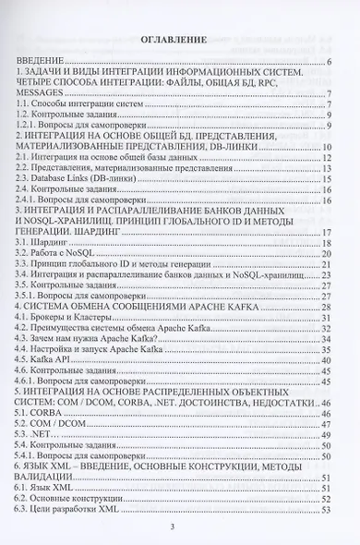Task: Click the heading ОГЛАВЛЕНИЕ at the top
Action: click(x=180, y=41)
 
